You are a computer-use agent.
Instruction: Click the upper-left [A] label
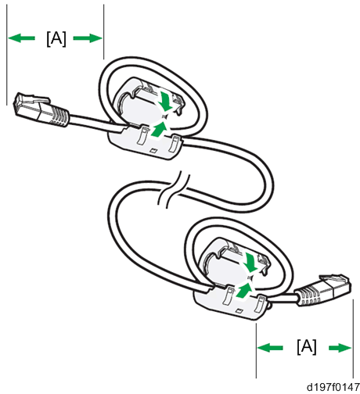56,39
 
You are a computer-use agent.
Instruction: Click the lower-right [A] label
307,347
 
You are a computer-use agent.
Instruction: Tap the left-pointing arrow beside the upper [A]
21,38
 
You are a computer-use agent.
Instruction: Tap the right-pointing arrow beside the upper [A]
88,38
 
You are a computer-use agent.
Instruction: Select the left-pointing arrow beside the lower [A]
270,348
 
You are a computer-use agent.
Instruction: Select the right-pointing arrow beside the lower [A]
340,348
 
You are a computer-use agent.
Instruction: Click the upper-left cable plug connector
41,110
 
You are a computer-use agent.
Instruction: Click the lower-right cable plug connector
322,290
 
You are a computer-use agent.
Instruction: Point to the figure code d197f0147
333,387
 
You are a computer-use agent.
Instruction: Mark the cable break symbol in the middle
173,189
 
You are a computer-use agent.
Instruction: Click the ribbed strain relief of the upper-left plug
59,116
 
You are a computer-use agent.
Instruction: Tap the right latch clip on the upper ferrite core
173,143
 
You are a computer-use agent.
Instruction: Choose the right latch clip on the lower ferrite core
260,303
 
